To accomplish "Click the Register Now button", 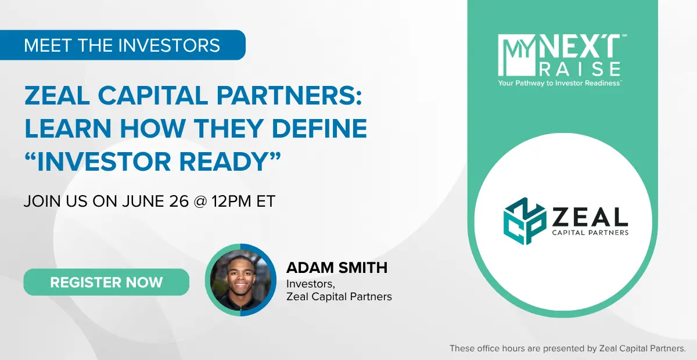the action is coord(106,282).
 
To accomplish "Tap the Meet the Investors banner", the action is coord(123,45).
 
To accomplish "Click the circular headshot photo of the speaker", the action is coord(240,280).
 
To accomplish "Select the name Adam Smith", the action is coord(337,268).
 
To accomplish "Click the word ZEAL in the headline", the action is coord(58,95).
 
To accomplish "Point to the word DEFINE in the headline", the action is coord(319,128).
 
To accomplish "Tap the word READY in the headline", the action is coord(223,161).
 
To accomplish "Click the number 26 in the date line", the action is coord(179,201).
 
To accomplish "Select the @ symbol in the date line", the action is coord(200,201).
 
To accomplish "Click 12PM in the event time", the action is coord(231,201).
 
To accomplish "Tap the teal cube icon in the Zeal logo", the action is coord(524,221).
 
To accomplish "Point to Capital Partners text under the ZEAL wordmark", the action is coord(590,232).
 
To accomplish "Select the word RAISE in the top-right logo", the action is coord(580,69).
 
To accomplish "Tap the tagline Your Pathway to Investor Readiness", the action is coord(559,83).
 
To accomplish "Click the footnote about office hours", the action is coord(567,348).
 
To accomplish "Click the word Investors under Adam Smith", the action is coord(311,284).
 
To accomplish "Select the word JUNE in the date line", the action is coord(143,201).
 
